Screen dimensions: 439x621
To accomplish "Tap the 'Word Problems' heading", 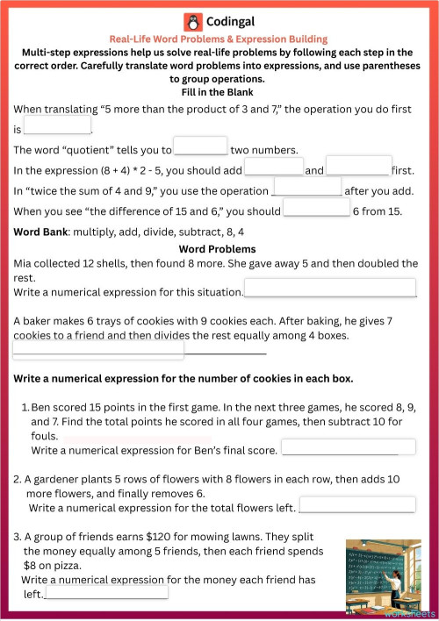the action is click(x=219, y=249).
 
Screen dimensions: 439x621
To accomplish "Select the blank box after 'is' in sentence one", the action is click(x=57, y=126).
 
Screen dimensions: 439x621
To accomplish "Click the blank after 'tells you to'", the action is click(x=201, y=146).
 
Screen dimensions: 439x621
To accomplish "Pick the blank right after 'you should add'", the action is click(x=274, y=167).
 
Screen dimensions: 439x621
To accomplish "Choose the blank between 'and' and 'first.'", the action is click(x=358, y=167).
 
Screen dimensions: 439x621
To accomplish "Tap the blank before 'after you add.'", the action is click(x=307, y=188).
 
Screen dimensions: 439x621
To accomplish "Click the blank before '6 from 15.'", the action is click(x=317, y=209).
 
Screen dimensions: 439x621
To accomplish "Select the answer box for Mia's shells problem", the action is click(x=330, y=289).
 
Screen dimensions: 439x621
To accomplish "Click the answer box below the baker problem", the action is click(x=98, y=350).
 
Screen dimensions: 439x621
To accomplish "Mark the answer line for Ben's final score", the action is click(x=348, y=448).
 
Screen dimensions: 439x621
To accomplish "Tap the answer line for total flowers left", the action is click(x=357, y=505).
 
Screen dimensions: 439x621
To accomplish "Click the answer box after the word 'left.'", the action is click(x=106, y=592).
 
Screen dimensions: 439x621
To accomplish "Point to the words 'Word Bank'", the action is click(x=41, y=232).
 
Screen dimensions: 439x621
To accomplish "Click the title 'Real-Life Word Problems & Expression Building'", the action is click(x=219, y=39).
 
